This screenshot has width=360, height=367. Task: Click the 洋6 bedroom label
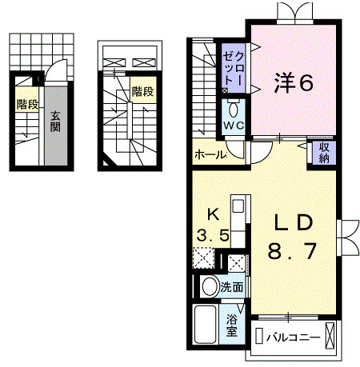tap(294, 82)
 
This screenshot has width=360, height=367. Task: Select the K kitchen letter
tap(214, 214)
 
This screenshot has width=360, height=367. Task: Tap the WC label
tap(234, 127)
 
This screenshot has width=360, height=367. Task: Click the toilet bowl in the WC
tap(234, 109)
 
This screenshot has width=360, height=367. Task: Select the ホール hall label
tap(210, 154)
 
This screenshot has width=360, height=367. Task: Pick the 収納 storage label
tap(325, 151)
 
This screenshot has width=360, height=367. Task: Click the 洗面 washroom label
tap(233, 285)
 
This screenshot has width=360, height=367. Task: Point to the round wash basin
tap(209, 286)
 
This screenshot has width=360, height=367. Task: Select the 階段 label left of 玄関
tap(26, 103)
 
